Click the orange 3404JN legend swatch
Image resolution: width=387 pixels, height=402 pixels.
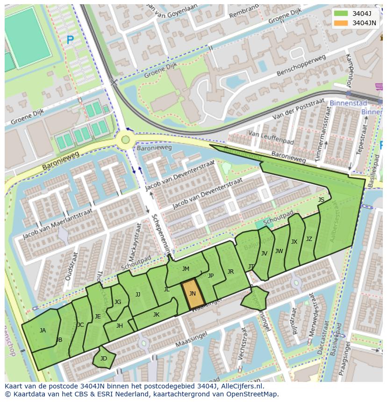341,23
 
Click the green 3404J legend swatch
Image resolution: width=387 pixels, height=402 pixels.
341,14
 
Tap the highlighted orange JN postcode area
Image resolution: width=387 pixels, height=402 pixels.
193,294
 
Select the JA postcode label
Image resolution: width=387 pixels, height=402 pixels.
43,331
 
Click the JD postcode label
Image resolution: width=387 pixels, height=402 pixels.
104,359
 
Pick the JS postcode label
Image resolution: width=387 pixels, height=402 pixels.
321,200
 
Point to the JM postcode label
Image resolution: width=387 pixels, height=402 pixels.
186,268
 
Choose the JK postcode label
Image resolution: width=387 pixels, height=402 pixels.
156,315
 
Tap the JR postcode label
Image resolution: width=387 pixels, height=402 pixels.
230,272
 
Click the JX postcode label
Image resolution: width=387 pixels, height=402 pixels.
294,242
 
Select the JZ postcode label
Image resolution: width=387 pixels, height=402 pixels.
309,239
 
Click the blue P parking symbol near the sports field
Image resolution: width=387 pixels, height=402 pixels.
70,41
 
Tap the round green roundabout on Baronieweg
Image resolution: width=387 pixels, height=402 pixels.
125,139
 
